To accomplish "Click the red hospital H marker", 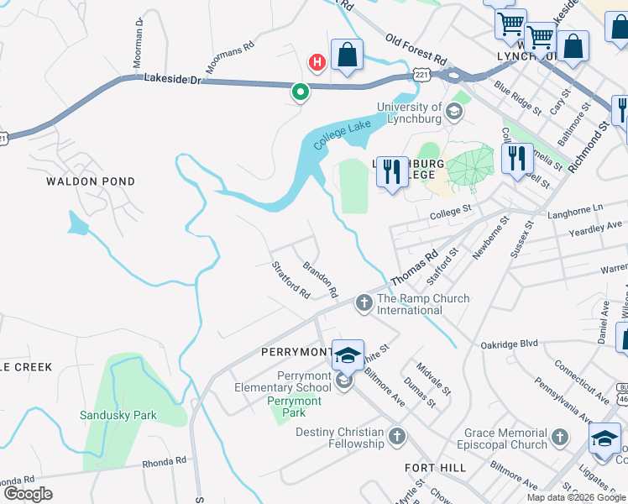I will (x=317, y=61).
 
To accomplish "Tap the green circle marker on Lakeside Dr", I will (x=300, y=92).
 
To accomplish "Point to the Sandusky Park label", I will (x=118, y=415).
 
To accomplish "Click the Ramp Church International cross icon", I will (x=364, y=302).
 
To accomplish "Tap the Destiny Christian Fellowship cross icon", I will (x=396, y=436).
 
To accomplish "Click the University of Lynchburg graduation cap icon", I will (x=453, y=112).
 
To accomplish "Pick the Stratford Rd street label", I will (x=291, y=280).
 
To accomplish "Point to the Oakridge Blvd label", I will (x=508, y=344).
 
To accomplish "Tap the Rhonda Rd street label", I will (x=163, y=462).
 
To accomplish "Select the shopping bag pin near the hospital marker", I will (x=347, y=55).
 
